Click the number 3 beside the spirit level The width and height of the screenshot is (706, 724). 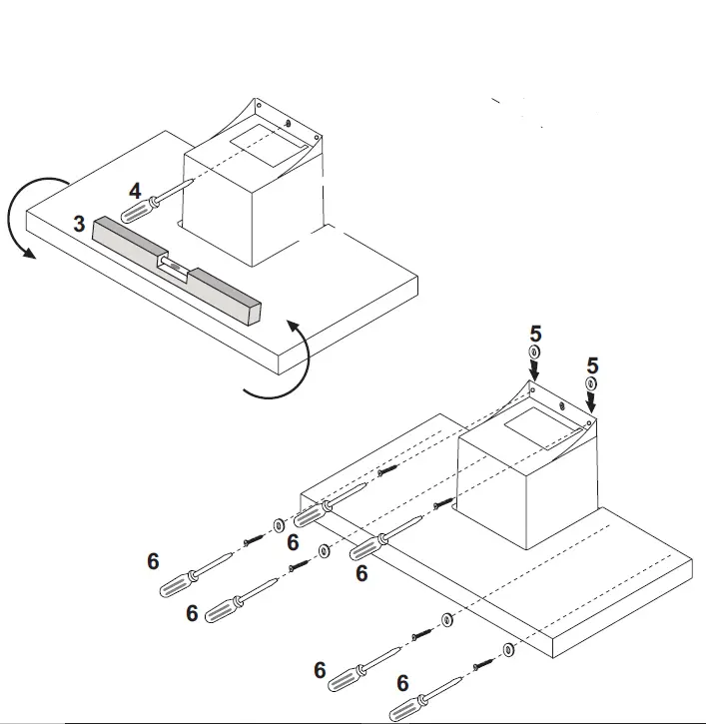point(79,223)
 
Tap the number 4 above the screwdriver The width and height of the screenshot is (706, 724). point(135,191)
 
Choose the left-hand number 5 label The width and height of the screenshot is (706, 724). point(534,334)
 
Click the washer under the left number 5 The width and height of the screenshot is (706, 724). point(534,353)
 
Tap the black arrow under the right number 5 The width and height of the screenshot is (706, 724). point(592,400)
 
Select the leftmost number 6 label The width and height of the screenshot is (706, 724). point(153,562)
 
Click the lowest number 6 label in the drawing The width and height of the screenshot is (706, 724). point(402,683)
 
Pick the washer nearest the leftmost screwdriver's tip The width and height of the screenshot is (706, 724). point(277,524)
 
